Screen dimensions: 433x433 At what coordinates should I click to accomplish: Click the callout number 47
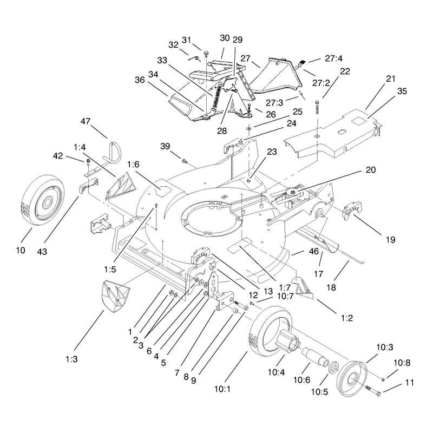pos(86,121)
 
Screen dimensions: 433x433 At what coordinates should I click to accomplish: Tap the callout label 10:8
pos(402,363)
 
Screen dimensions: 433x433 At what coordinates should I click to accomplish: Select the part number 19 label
pos(390,239)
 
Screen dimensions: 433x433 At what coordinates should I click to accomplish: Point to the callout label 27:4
pos(333,58)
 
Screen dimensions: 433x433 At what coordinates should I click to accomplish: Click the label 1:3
pos(71,359)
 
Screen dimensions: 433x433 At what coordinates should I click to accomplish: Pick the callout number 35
pos(402,91)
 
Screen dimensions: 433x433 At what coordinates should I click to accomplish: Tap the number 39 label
pos(165,146)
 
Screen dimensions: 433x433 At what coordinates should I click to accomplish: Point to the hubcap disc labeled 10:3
pos(353,378)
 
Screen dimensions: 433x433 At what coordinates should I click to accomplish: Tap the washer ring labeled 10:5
pos(333,368)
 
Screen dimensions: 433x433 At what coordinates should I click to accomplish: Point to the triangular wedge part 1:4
pos(121,186)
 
